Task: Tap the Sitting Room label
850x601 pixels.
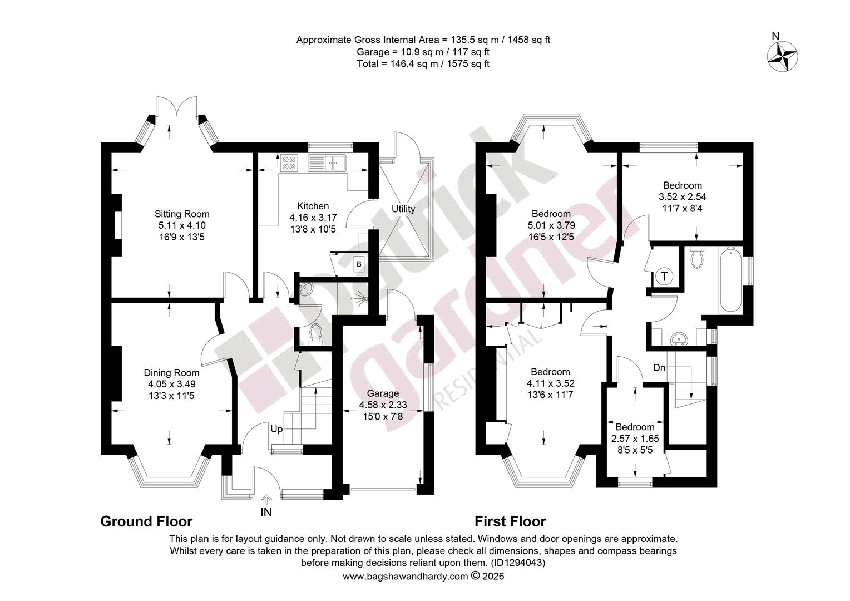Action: click(182, 214)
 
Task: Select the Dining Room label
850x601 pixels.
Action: click(171, 373)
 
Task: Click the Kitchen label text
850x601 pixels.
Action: click(313, 206)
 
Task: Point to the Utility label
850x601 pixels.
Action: click(403, 209)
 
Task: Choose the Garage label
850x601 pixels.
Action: click(383, 393)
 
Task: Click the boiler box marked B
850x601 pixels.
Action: click(359, 264)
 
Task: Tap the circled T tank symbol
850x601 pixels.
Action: click(664, 277)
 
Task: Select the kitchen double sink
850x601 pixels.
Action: click(327, 163)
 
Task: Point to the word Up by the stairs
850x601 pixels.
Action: click(276, 429)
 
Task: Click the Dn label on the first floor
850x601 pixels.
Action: click(659, 367)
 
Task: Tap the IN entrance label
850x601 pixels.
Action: click(266, 512)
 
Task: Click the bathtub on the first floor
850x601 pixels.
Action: click(730, 280)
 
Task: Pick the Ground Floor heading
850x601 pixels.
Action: click(146, 521)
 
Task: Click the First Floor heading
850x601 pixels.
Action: click(510, 521)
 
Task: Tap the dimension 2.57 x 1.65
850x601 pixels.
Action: click(635, 439)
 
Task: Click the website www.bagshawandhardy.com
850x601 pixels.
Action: click(406, 577)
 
